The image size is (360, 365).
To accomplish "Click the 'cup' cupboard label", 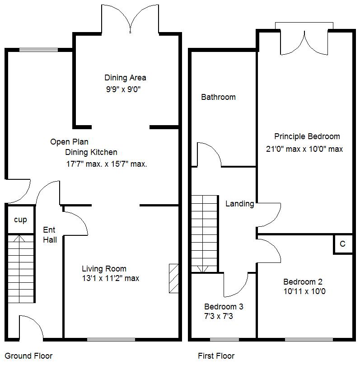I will tap(20, 220).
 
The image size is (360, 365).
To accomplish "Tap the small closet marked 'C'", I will tap(342, 244).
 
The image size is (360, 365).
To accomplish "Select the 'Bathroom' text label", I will tap(218, 97).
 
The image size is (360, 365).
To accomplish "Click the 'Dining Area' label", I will tap(125, 78).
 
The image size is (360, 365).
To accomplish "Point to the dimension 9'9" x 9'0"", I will tap(123, 89).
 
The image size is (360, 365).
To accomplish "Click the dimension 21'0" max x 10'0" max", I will tap(305, 149).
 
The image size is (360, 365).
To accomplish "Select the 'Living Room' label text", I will tap(104, 269).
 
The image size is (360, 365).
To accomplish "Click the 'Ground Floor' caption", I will tap(28, 356).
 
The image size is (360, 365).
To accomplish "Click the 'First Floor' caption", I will tap(216, 356).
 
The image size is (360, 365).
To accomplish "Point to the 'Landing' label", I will tap(239, 204).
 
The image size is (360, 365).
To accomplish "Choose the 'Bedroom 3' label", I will tap(224, 307).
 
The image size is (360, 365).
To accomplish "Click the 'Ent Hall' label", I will tap(50, 235).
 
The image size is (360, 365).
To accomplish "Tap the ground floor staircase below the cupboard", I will tap(21, 268).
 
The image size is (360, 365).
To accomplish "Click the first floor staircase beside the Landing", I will tap(204, 233).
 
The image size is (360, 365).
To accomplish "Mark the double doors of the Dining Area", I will tap(131, 20).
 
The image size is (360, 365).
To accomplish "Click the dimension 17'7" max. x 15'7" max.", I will tap(107, 164).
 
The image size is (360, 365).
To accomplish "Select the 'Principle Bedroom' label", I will tap(307, 136).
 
